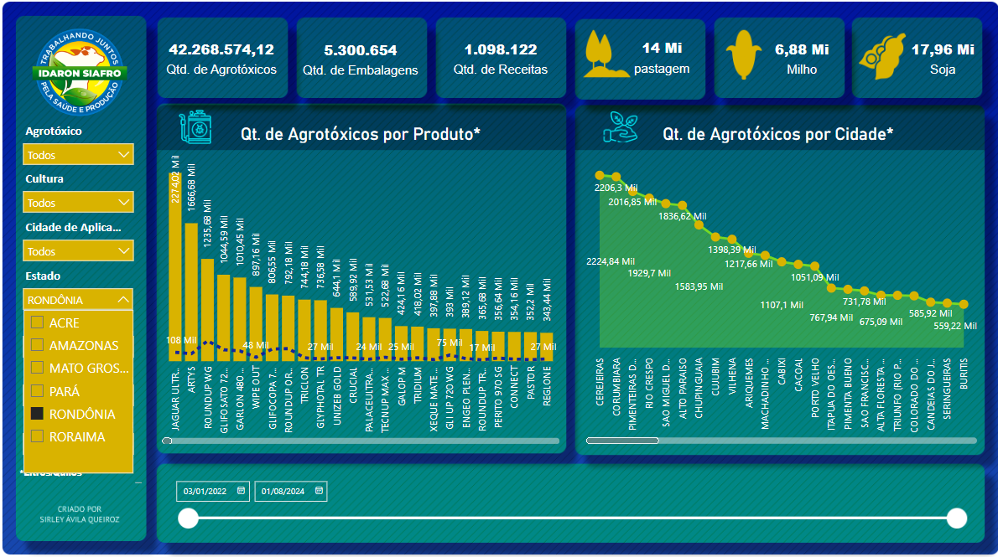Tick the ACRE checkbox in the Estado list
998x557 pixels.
37,322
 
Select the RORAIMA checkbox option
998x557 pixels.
37,436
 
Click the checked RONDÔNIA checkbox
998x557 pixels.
37,414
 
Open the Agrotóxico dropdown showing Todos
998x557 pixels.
78,155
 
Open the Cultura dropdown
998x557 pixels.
78,203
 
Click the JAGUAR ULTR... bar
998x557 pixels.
175,268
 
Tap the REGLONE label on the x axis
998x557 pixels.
548,386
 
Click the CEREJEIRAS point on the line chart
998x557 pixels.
600,176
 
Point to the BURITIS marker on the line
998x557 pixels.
964,305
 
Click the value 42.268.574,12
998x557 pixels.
221,50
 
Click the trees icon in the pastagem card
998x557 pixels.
605,54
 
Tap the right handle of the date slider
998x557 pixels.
957,518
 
